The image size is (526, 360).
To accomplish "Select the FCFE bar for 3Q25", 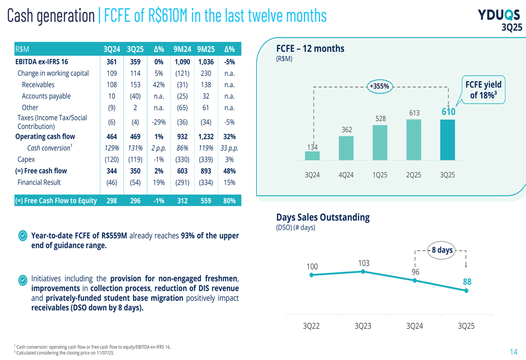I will [x=447, y=140].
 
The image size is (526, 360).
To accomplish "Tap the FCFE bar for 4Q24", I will [x=346, y=148].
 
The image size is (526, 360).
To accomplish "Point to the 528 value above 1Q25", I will [x=380, y=119].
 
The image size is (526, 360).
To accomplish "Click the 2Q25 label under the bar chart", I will [x=413, y=175].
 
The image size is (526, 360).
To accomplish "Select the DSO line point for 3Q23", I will [x=363, y=271].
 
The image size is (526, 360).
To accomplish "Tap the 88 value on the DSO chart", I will [x=467, y=282].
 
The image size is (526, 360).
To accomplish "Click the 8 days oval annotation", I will [x=441, y=250].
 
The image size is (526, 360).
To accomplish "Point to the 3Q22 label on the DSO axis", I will [x=311, y=326].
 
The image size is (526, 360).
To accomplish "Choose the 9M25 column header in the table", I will [x=206, y=49].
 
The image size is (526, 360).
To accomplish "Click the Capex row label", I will [x=26, y=159].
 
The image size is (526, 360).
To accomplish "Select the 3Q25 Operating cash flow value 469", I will [x=135, y=137].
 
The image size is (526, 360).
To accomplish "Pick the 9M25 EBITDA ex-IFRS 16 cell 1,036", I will [x=206, y=61].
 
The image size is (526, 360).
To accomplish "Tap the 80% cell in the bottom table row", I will [x=229, y=201].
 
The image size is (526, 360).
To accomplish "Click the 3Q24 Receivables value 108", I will [x=112, y=85].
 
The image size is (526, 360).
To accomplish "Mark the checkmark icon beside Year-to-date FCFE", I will [x=23, y=236].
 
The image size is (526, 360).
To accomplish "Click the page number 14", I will [x=513, y=352].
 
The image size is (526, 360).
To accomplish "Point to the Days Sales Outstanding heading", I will [x=323, y=217].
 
